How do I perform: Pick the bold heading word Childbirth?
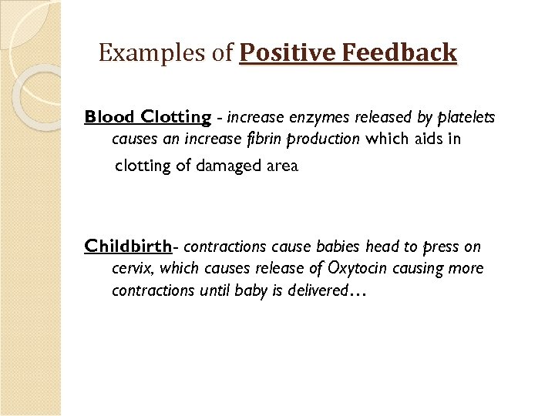pos(127,247)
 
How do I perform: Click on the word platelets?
pos(467,118)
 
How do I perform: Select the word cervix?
pos(132,269)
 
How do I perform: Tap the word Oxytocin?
pos(358,269)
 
